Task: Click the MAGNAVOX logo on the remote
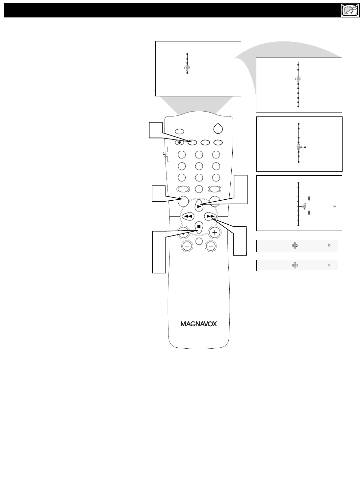pos(198,324)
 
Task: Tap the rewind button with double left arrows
pos(188,216)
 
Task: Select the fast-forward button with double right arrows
pos(210,216)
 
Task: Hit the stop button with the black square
pos(199,227)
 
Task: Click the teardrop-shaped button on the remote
pos(218,128)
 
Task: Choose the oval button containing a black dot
pos(179,142)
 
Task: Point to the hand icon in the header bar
pos(350,10)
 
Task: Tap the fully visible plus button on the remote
pos(215,232)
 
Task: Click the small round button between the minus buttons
pos(199,241)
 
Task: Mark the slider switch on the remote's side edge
pos(165,154)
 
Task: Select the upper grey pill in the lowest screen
pos(309,198)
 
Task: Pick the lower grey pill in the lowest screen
pos(309,213)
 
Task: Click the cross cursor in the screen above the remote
pos(187,68)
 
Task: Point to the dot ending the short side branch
pos(305,147)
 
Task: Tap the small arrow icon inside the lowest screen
pos(334,206)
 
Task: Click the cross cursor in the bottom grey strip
pos(295,265)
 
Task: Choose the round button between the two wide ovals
pos(199,189)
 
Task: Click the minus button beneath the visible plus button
pos(211,246)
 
